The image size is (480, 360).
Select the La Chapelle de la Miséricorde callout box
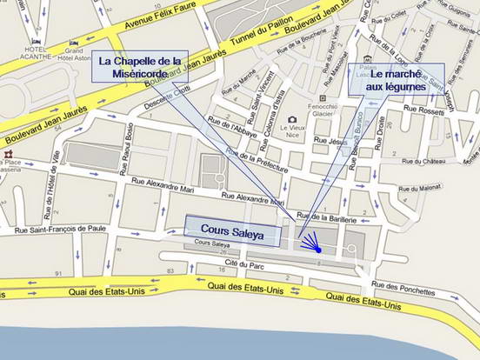pos(140,68)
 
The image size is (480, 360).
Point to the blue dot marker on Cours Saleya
pos(318,250)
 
